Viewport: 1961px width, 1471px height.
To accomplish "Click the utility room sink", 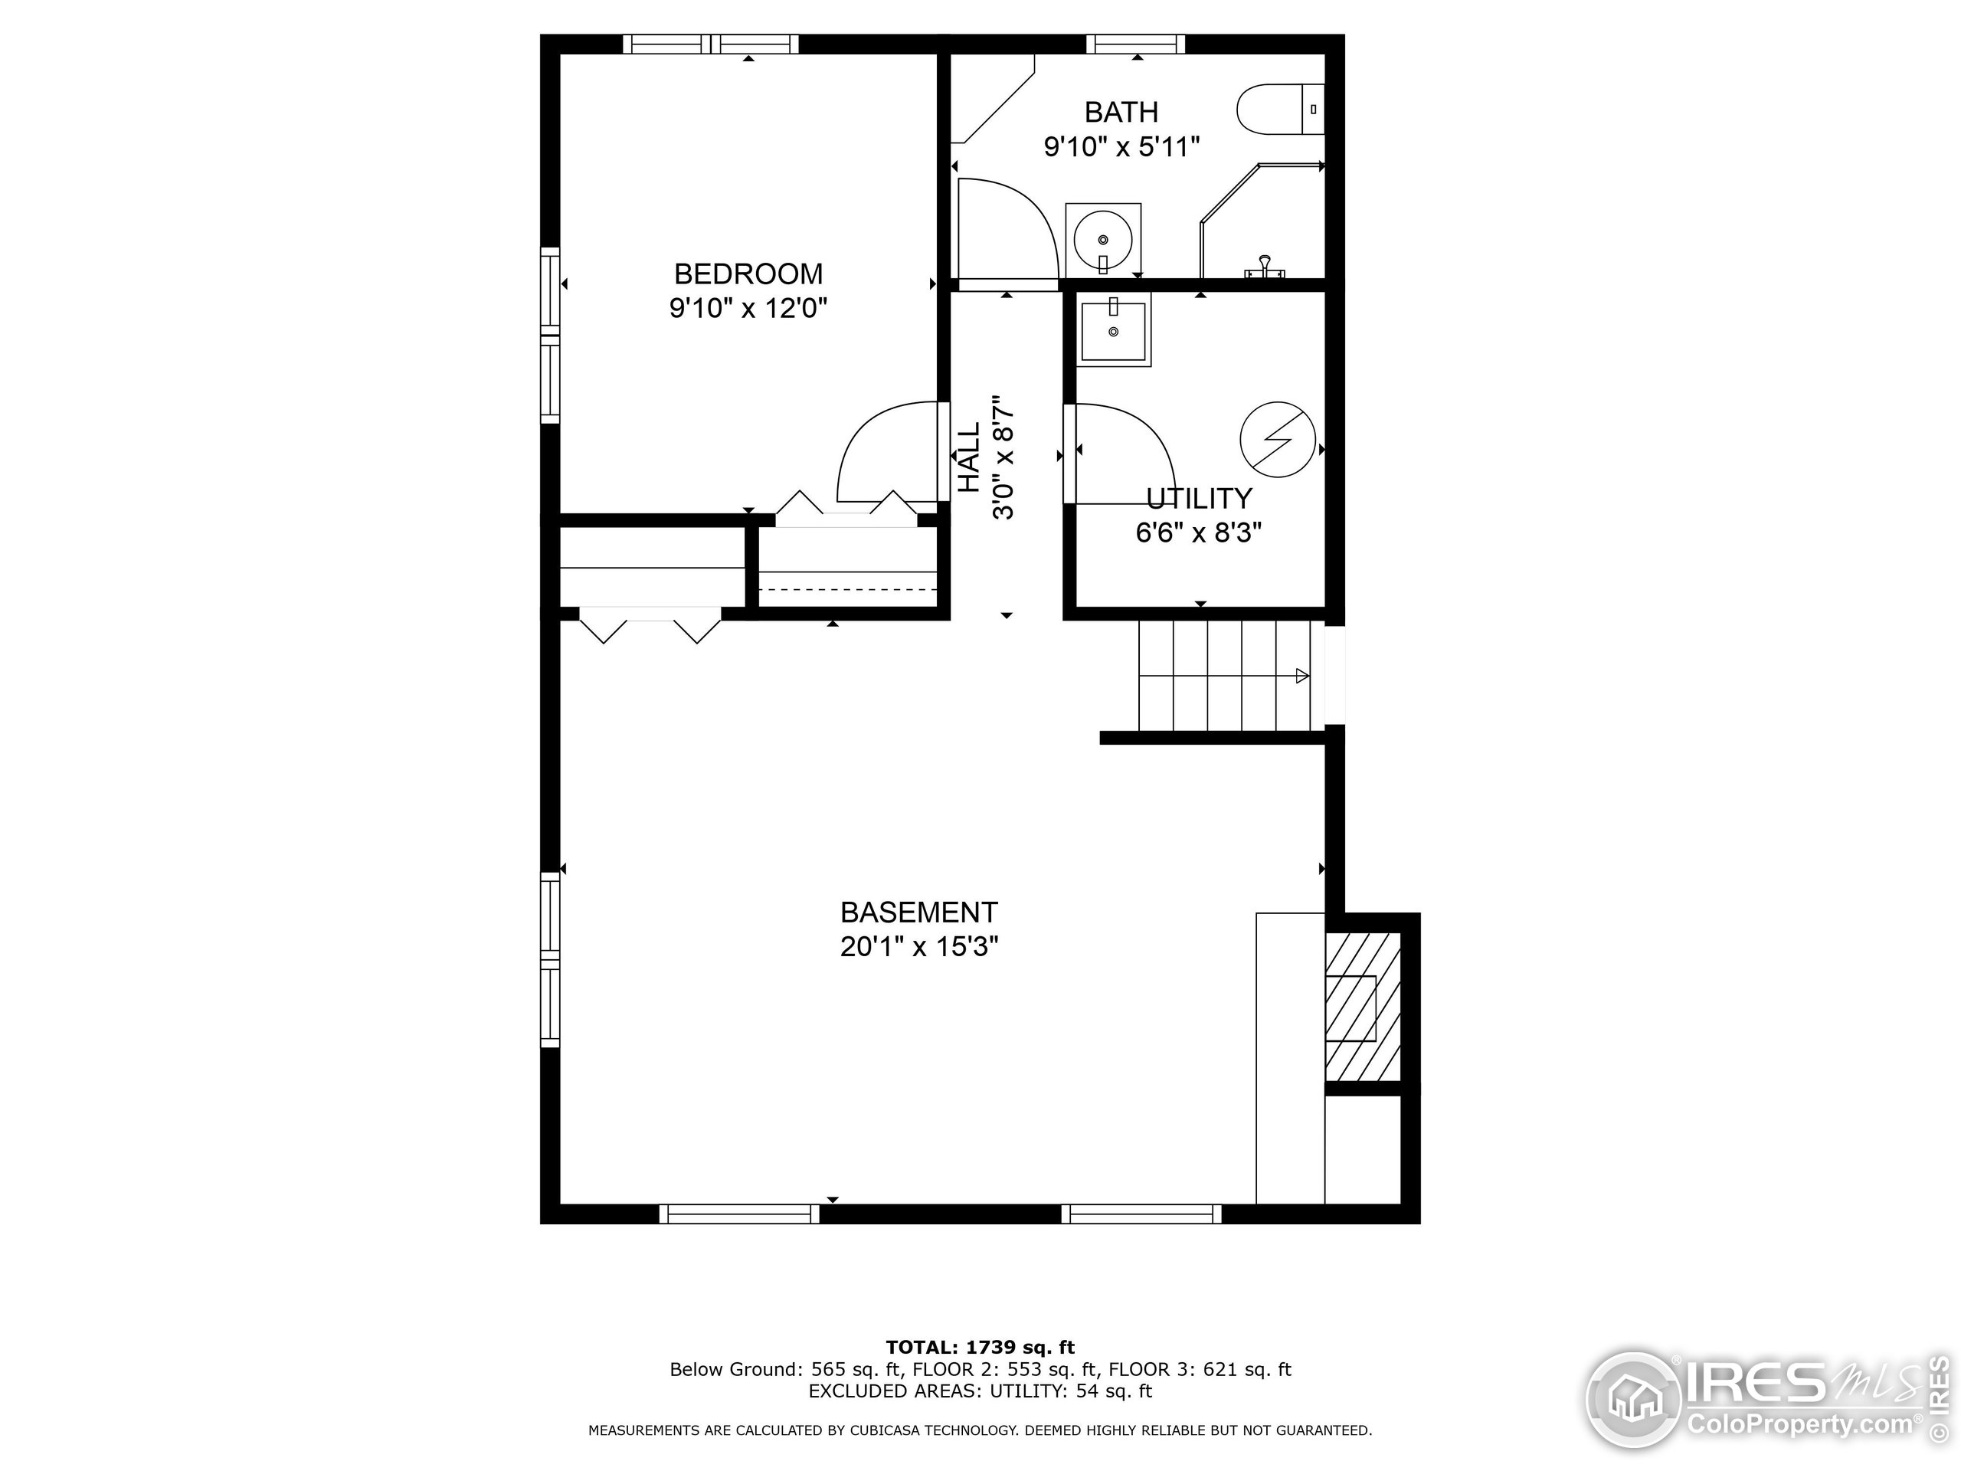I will [x=1114, y=330].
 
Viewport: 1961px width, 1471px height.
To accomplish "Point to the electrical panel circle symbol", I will [x=1277, y=438].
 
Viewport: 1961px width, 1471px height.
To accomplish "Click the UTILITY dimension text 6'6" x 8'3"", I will [x=1199, y=533].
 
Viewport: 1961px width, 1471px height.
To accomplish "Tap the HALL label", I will [x=969, y=457].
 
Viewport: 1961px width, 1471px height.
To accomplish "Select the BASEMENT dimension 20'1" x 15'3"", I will [x=919, y=947].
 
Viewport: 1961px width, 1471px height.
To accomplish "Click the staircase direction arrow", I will [x=1301, y=676].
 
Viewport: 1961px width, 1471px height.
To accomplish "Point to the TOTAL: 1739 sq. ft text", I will [x=980, y=1348].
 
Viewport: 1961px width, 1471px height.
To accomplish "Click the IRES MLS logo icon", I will [x=1633, y=1399].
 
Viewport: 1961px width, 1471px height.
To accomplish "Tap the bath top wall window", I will [x=1136, y=44].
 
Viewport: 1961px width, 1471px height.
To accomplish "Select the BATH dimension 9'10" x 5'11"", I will [x=1121, y=146].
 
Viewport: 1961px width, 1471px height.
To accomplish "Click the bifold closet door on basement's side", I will [x=650, y=625].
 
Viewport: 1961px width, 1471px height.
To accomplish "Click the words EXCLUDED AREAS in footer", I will [x=895, y=1391].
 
